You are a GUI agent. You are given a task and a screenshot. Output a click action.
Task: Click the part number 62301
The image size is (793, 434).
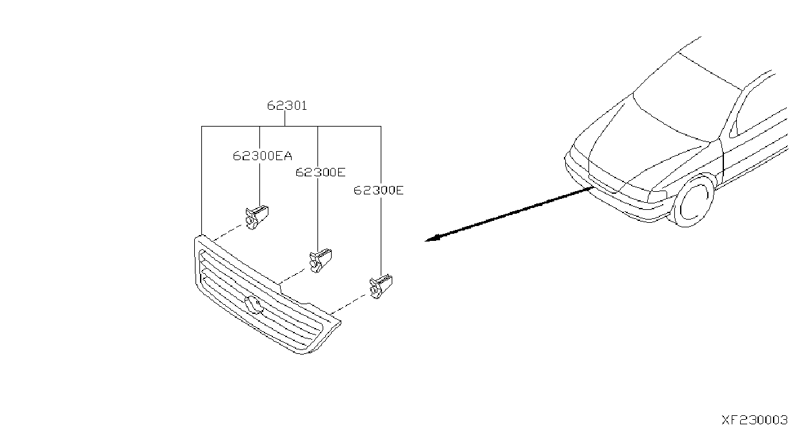click(x=286, y=105)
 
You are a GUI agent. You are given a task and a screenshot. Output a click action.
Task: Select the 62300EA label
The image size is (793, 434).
click(x=263, y=156)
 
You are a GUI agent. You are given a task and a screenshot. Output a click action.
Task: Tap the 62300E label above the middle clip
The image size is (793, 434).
click(x=321, y=172)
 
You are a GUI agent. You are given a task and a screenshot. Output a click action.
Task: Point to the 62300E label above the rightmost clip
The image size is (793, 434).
click(x=379, y=191)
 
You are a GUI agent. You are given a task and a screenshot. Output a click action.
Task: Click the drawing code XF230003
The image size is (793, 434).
click(x=754, y=420)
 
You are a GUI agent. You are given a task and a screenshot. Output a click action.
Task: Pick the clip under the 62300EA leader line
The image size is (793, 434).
click(x=257, y=217)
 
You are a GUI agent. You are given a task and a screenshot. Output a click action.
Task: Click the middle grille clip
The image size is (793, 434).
click(x=321, y=260)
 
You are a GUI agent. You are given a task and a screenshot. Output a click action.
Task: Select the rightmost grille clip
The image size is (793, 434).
click(x=381, y=286)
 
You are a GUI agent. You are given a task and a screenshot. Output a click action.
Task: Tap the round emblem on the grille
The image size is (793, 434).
click(x=254, y=305)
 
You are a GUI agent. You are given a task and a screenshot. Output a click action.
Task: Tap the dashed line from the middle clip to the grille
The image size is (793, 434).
click(x=293, y=276)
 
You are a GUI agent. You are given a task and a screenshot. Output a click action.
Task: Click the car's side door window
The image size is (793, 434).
click(x=761, y=107)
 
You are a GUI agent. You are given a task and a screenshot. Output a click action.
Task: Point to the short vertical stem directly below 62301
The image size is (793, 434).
click(x=285, y=119)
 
